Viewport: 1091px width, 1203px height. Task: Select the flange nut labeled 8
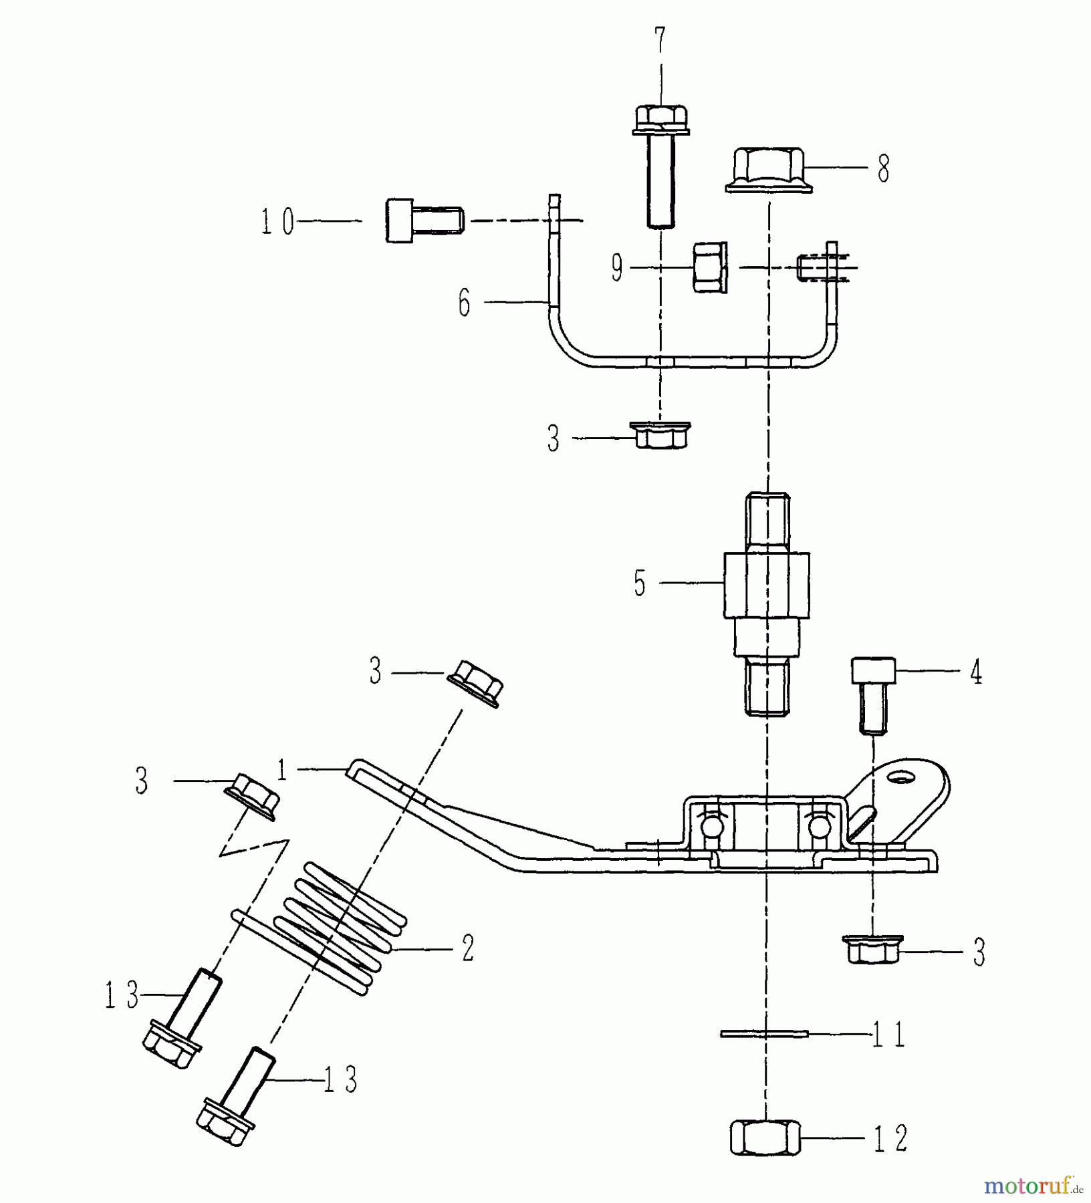click(769, 171)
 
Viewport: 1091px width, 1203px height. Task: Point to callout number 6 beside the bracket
click(464, 303)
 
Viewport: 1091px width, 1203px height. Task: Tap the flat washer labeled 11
click(765, 1033)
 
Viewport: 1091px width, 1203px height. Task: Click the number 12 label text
click(890, 1138)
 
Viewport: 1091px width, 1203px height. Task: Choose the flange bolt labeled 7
click(660, 167)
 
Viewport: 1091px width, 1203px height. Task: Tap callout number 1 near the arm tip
click(282, 771)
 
